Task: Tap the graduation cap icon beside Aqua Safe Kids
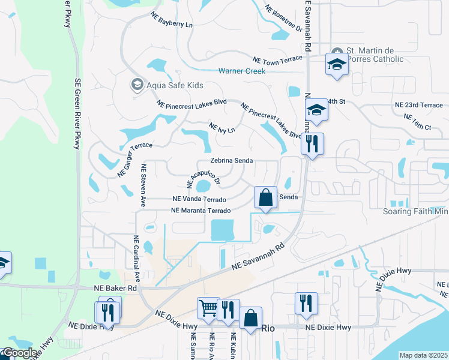point(137,85)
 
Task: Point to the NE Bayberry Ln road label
point(172,20)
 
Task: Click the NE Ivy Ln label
point(221,128)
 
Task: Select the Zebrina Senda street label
point(231,161)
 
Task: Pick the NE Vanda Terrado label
point(199,199)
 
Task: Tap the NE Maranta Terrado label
point(201,211)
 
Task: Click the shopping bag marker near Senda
point(265,197)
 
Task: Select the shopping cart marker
point(208,308)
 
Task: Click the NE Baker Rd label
point(116,289)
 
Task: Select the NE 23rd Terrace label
point(418,104)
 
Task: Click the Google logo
point(19,353)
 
